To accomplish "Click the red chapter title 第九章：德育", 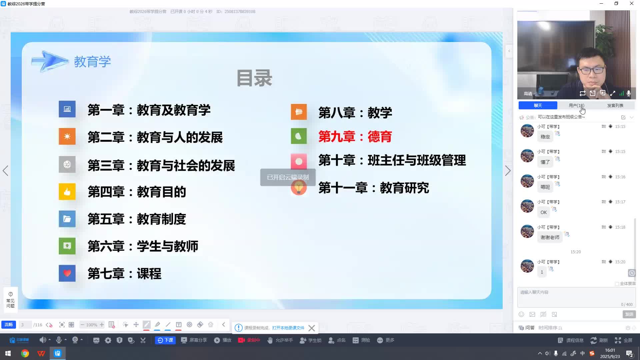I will pos(355,137).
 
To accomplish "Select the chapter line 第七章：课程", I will pos(124,274).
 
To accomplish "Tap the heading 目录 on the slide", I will pos(254,78).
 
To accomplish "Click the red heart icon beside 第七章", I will pos(67,273).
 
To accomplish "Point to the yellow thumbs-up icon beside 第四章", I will pos(67,192).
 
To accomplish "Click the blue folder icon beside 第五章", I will pos(67,219).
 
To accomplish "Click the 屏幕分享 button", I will pos(194,340).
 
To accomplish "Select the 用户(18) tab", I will pos(576,105).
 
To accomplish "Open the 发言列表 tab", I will pos(615,105).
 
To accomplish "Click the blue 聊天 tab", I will pos(538,105).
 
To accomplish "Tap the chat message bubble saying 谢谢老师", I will pos(550,237).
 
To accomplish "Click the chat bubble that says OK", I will pos(543,212).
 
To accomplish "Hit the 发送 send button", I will pos(629,314).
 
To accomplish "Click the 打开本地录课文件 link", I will pos(288,328).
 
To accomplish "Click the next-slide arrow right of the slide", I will pos(508,171).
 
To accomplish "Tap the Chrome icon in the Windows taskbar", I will pos(25,353).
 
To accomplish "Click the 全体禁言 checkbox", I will pos(617,284).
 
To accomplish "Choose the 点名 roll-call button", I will pos(337,340).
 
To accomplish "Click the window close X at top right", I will pos(631,4).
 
